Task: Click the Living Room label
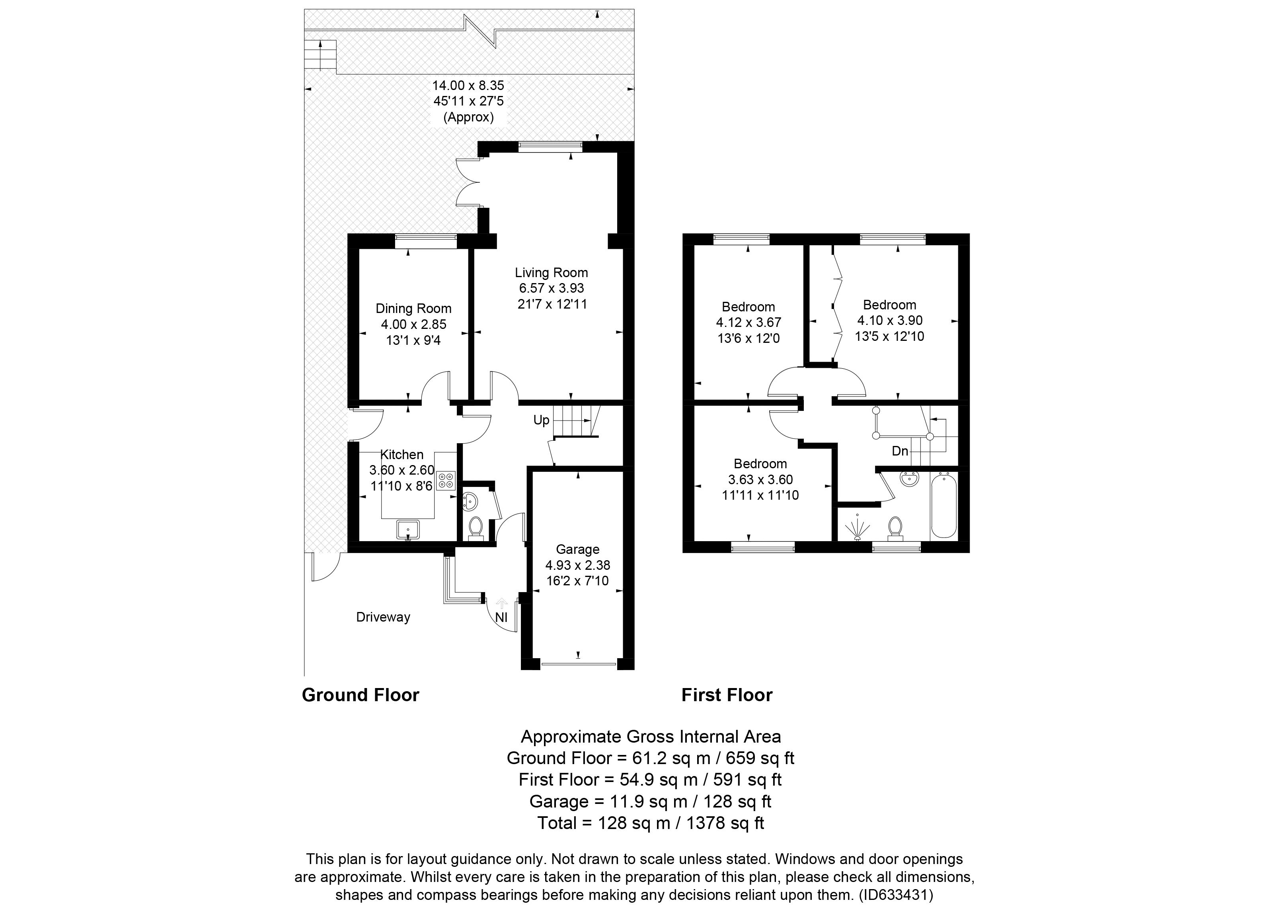(x=551, y=273)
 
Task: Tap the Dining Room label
(x=413, y=309)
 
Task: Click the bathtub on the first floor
(x=944, y=505)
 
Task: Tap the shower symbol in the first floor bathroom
(x=857, y=527)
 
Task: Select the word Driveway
(x=383, y=617)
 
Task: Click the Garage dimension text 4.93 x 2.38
(x=577, y=565)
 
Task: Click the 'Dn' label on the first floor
(x=900, y=451)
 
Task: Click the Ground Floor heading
(x=361, y=695)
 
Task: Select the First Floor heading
(x=727, y=695)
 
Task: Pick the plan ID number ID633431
(x=896, y=895)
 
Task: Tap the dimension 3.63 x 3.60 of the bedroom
(x=760, y=479)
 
